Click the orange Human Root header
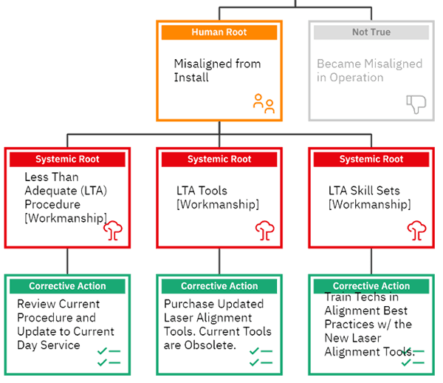tap(219, 32)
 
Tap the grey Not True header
tap(370, 32)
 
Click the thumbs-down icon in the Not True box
tap(416, 104)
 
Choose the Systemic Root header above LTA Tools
tap(219, 159)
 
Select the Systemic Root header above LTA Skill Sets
tap(371, 159)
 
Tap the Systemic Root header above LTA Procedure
tap(67, 159)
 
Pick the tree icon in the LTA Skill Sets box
tap(417, 230)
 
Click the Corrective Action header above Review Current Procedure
tap(67, 286)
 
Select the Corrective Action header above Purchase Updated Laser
tap(219, 286)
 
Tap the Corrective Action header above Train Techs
tap(371, 286)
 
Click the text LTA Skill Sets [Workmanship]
tap(368, 197)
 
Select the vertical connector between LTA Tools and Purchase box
tap(219, 260)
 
